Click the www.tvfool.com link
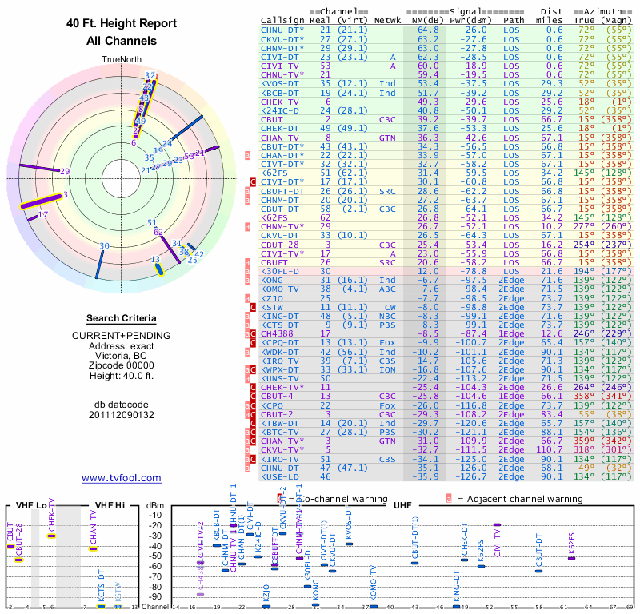tap(122, 478)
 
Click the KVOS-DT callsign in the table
tap(280, 83)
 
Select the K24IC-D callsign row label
tap(280, 110)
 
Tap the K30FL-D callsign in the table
tap(280, 272)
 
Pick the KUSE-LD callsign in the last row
tap(280, 477)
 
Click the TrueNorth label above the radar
tap(122, 60)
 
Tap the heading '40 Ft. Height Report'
tap(122, 24)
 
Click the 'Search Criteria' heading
tap(122, 318)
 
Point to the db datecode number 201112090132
tap(122, 413)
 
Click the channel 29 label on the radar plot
tap(65, 171)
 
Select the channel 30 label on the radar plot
tap(104, 246)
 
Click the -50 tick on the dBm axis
tap(155, 556)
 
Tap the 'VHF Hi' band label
tap(111, 505)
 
